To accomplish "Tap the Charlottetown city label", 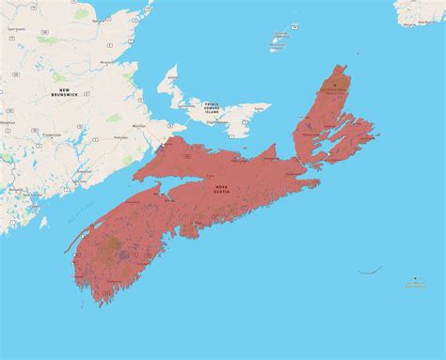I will point(215,121).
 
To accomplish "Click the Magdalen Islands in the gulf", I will point(279,39).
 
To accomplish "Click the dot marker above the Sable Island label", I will point(415,278).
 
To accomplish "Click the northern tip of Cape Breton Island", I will point(342,67).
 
